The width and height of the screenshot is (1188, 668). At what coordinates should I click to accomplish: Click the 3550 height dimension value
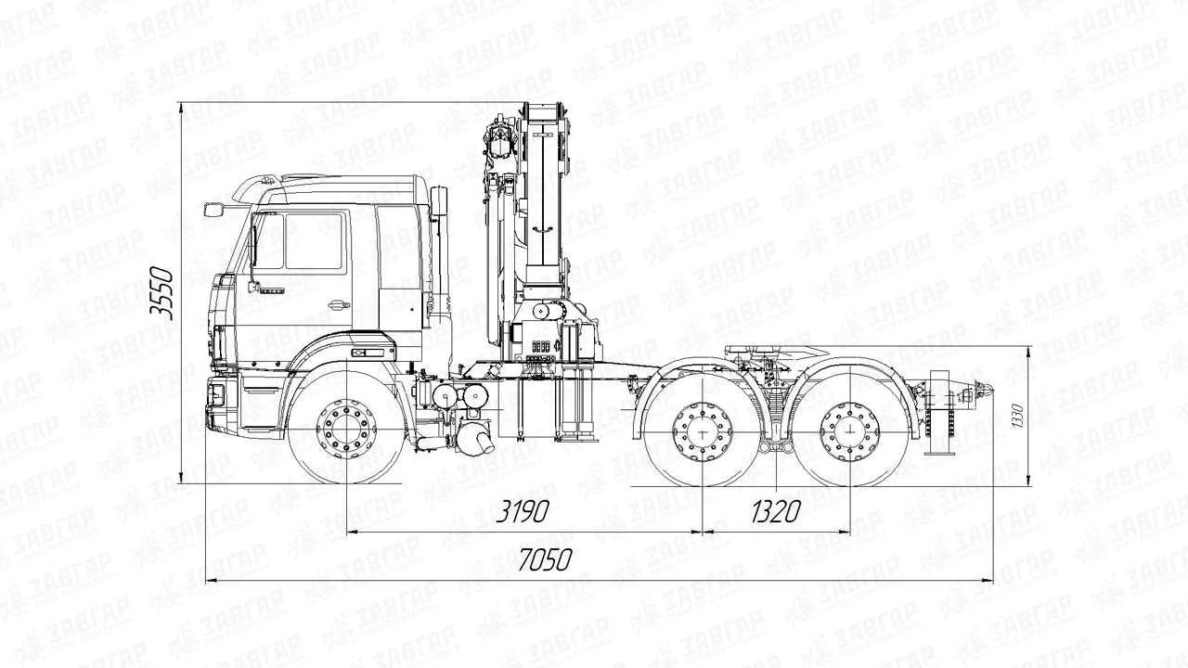click(x=164, y=293)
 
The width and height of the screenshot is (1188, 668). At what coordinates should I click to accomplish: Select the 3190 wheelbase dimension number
click(x=522, y=510)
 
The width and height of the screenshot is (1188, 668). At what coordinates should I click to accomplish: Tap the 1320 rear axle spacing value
click(x=775, y=510)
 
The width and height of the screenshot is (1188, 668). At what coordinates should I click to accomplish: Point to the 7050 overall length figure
click(x=545, y=560)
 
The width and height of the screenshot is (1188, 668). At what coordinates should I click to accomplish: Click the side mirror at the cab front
click(x=213, y=210)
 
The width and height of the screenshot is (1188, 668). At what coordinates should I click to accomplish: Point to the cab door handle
click(x=339, y=303)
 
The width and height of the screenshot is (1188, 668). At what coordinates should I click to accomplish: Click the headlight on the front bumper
click(x=215, y=394)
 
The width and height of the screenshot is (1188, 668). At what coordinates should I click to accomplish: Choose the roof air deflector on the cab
click(x=258, y=187)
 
